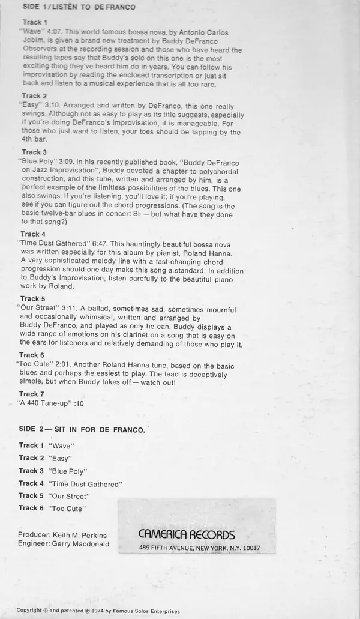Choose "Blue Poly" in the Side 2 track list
point(67,471)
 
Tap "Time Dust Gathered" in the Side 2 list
point(86,484)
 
